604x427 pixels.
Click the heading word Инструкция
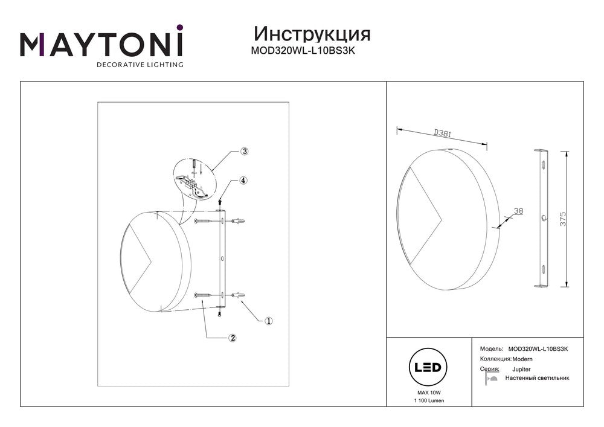[x=312, y=34]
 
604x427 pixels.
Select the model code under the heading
[x=303, y=51]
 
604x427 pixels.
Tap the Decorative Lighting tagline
[x=140, y=64]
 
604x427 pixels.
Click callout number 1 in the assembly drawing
[x=269, y=320]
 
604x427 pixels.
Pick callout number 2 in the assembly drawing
[x=233, y=338]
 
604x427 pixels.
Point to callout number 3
[x=244, y=152]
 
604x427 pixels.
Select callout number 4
[x=243, y=180]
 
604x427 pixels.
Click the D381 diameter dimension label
[x=443, y=133]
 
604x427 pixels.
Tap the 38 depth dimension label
[x=518, y=211]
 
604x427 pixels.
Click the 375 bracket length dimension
[x=563, y=219]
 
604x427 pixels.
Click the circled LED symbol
[x=428, y=367]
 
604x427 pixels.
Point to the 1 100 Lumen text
[x=429, y=401]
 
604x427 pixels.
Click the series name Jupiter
[x=521, y=369]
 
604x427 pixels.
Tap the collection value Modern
[x=522, y=359]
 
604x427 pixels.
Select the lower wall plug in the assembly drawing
[x=239, y=295]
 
